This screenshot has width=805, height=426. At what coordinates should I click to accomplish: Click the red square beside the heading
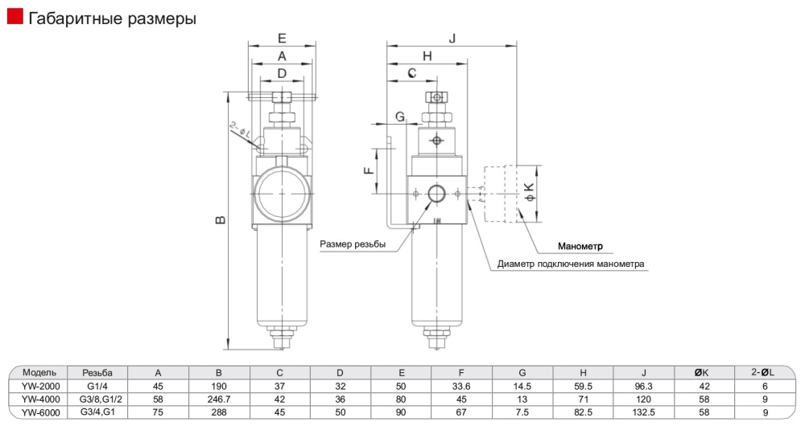click(14, 17)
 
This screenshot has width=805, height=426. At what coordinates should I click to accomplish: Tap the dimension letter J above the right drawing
click(452, 38)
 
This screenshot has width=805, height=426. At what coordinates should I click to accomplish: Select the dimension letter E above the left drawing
click(282, 38)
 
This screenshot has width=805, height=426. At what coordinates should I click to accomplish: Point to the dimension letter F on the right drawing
click(368, 170)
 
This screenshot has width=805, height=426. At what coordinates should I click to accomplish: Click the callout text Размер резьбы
click(353, 244)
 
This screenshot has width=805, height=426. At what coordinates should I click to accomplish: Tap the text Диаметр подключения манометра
click(571, 264)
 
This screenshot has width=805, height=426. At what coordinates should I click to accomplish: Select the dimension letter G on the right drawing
click(400, 117)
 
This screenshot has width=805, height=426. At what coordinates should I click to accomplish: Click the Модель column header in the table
click(39, 373)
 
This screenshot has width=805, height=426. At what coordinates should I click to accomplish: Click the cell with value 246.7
click(219, 398)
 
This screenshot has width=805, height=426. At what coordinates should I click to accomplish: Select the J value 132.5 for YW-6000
click(643, 411)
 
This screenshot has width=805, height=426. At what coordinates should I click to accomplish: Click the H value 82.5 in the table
click(583, 411)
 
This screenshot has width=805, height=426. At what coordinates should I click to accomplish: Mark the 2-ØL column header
click(762, 372)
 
